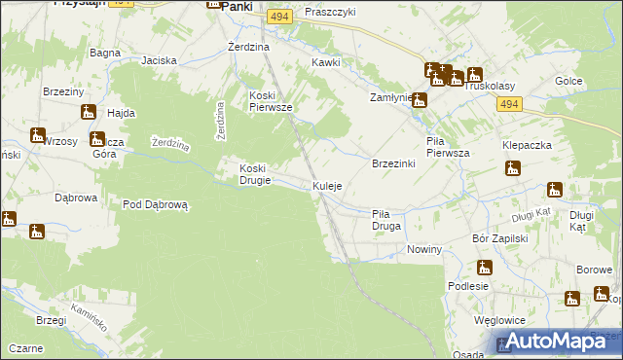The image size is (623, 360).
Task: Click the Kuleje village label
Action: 327,186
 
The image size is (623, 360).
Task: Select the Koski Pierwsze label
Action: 272,101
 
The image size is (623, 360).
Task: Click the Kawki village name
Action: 325,62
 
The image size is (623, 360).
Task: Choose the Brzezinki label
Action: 394,163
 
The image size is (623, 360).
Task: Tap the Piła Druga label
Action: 386,219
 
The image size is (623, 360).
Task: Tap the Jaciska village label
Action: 159,60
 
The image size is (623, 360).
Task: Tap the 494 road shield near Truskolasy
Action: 506,102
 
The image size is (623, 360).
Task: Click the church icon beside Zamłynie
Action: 420,100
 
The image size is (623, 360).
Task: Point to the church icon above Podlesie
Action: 484,267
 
